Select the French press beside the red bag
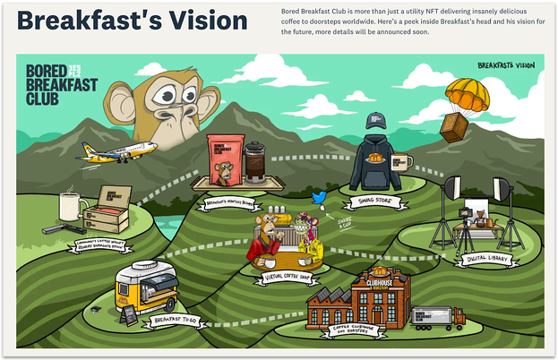(x=254, y=161)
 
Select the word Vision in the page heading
(x=205, y=20)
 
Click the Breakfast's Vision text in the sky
(x=505, y=65)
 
